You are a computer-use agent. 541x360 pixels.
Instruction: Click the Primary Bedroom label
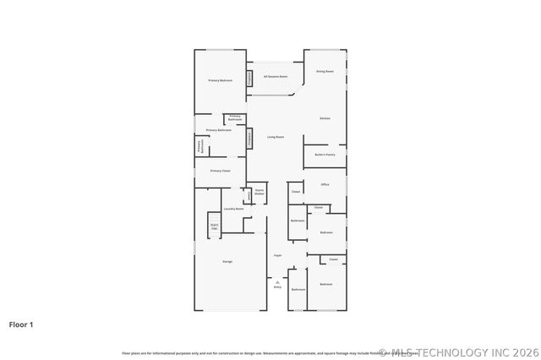tap(221, 80)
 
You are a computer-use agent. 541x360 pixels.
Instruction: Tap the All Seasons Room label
tap(276, 77)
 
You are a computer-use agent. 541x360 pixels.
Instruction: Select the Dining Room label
tap(325, 72)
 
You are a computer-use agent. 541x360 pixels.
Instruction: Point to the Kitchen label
tap(325, 118)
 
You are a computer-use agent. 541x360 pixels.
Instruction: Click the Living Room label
tap(276, 137)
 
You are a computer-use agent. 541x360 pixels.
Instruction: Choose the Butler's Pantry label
tap(325, 155)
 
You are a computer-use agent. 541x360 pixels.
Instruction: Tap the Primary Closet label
tap(221, 171)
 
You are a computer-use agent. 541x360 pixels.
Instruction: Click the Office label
tap(325, 184)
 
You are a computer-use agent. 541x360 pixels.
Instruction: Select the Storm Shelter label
tap(260, 193)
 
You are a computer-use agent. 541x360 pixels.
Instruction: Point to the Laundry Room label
tap(233, 209)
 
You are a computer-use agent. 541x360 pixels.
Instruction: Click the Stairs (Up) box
tap(215, 226)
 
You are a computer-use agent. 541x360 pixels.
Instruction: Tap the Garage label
tap(227, 262)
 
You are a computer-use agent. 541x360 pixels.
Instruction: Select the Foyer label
tap(277, 255)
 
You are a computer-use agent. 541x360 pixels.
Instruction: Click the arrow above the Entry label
tap(277, 281)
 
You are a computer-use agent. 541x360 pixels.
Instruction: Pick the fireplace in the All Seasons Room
tap(250, 78)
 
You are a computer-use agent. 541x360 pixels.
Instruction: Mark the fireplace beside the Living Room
tap(250, 139)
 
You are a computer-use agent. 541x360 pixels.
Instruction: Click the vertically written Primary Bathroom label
tap(199, 146)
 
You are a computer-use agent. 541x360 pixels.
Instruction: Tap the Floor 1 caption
tap(22, 324)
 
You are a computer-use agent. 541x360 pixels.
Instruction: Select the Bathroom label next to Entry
tap(298, 290)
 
